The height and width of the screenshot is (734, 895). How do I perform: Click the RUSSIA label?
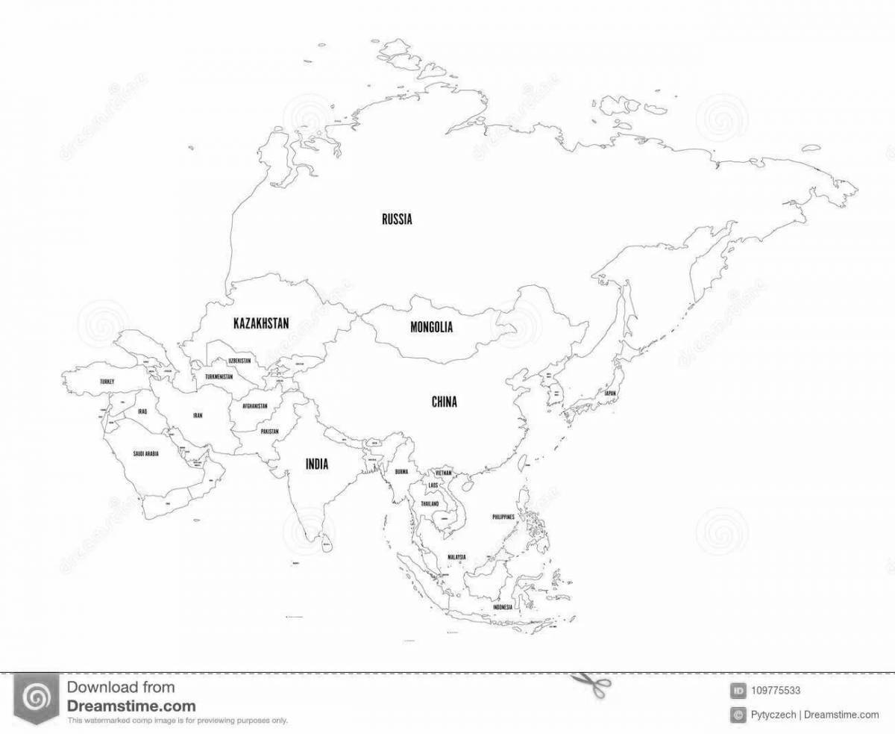(x=397, y=220)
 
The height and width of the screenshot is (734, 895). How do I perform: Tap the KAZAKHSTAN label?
(x=261, y=323)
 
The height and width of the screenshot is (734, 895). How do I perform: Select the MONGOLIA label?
(x=431, y=327)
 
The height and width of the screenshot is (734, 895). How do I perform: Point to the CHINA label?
(x=445, y=402)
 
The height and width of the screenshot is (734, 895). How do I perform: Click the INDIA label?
(x=317, y=464)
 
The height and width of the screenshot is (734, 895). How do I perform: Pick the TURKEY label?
(x=106, y=382)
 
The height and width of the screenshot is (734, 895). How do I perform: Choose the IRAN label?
(x=198, y=414)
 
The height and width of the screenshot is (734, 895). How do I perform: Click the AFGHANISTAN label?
(x=254, y=407)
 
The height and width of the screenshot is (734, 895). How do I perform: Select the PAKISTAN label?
(x=269, y=432)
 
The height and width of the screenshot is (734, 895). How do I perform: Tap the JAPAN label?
(x=610, y=393)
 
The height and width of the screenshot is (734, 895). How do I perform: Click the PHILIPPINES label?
(x=504, y=517)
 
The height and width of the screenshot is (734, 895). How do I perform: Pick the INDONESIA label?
(x=501, y=608)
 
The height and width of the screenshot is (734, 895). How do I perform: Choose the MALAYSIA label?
(x=456, y=557)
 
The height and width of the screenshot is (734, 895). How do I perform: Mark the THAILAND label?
(x=430, y=504)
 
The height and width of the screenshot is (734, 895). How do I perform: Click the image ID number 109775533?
(x=778, y=691)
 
